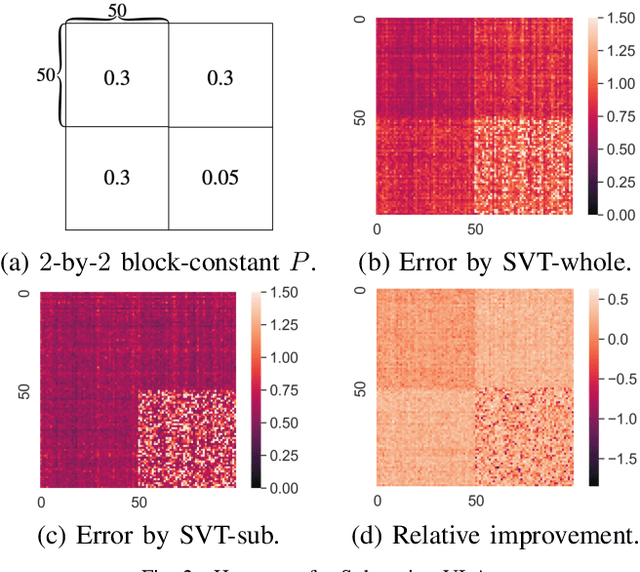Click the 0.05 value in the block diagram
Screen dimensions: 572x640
[218, 178]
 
